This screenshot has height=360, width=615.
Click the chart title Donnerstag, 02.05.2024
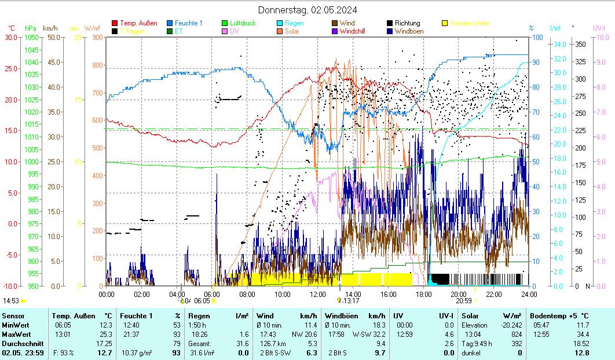[x=307, y=10]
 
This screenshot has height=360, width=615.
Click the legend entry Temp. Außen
[x=138, y=23]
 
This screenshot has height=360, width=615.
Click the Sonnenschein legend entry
[x=469, y=23]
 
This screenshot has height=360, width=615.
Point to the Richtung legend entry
[x=407, y=23]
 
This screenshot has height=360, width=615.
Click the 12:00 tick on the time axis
[x=318, y=294]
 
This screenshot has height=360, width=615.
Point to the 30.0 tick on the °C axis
[x=12, y=37]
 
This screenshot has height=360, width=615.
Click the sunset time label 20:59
[x=463, y=300]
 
